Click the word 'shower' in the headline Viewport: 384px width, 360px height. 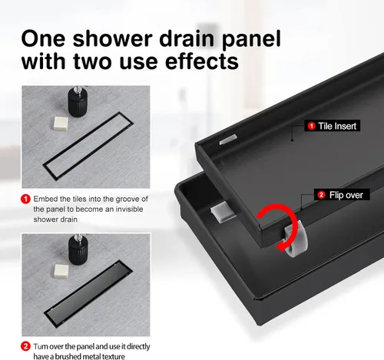(x=113, y=38)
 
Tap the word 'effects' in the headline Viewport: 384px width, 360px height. (x=202, y=61)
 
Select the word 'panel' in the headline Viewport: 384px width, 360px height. (x=251, y=40)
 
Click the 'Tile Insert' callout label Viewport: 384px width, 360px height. (x=333, y=126)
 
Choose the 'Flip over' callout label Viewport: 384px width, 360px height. (x=342, y=195)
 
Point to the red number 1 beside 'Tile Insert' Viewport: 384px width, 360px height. (x=311, y=126)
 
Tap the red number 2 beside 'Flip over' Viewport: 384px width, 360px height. (x=321, y=195)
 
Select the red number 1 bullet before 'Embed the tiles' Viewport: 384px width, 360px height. (x=25, y=199)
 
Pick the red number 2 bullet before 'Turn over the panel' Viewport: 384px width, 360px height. (x=25, y=347)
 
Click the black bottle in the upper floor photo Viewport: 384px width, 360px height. (x=77, y=102)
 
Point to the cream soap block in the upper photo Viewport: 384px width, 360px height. (x=61, y=124)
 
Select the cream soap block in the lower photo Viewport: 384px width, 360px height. (x=61, y=272)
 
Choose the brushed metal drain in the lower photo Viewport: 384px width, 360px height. (x=89, y=294)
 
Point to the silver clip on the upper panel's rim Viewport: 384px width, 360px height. (x=228, y=140)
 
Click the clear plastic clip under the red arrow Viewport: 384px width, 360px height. (x=296, y=239)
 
